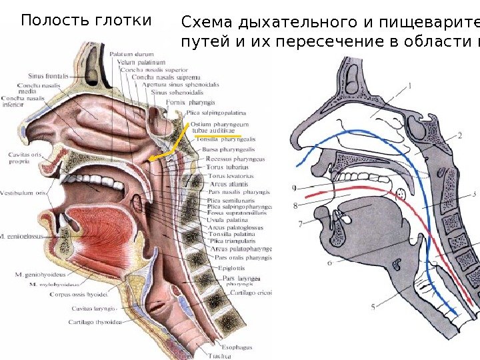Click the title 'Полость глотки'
click(86, 21)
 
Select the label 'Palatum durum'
click(127, 54)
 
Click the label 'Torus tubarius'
click(224, 168)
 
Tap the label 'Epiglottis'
click(232, 268)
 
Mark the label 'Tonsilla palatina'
click(231, 234)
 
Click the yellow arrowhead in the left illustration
click(153, 159)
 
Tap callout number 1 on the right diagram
click(409, 85)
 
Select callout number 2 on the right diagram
click(459, 136)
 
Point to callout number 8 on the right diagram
click(295, 207)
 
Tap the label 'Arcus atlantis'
click(229, 184)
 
